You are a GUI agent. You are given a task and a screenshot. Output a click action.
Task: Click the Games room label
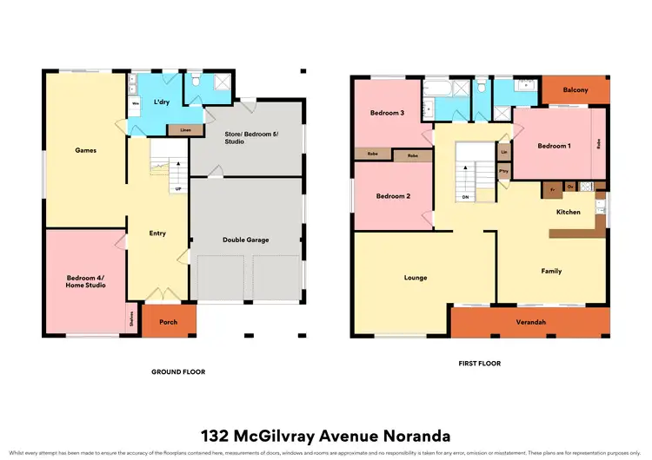84,150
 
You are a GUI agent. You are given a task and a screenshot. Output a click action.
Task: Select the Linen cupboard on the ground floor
184,130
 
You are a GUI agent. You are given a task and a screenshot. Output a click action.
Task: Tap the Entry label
157,233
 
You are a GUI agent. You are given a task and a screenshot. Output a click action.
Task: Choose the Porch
169,322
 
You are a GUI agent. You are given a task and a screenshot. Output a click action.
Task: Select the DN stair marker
466,197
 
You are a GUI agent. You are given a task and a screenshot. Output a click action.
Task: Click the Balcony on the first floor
575,90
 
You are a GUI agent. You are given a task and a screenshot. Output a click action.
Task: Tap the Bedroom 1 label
553,146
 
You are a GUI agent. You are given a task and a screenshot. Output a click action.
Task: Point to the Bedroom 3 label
386,114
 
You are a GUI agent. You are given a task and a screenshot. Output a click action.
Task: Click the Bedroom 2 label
393,196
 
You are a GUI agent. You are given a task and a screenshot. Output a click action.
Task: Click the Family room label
551,271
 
